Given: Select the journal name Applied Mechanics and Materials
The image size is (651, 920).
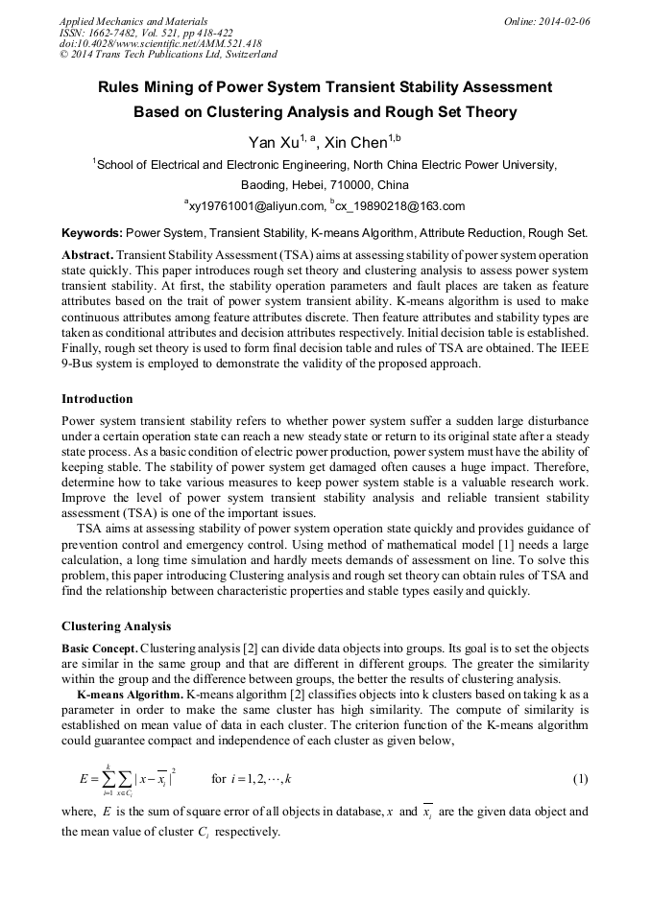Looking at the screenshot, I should click(x=133, y=20).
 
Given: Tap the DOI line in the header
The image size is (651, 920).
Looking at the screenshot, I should click(x=160, y=43).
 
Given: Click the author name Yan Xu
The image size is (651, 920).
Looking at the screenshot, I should click(x=274, y=143).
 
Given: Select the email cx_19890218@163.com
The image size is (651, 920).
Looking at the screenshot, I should click(x=402, y=206).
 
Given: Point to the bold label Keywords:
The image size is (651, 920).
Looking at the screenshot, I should click(x=91, y=233).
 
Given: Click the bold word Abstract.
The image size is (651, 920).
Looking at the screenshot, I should click(x=86, y=256).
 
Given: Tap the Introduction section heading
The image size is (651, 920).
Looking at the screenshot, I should click(x=97, y=398).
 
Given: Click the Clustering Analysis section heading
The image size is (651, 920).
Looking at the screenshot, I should click(x=116, y=626).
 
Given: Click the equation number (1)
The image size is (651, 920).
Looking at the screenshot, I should click(x=579, y=778).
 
